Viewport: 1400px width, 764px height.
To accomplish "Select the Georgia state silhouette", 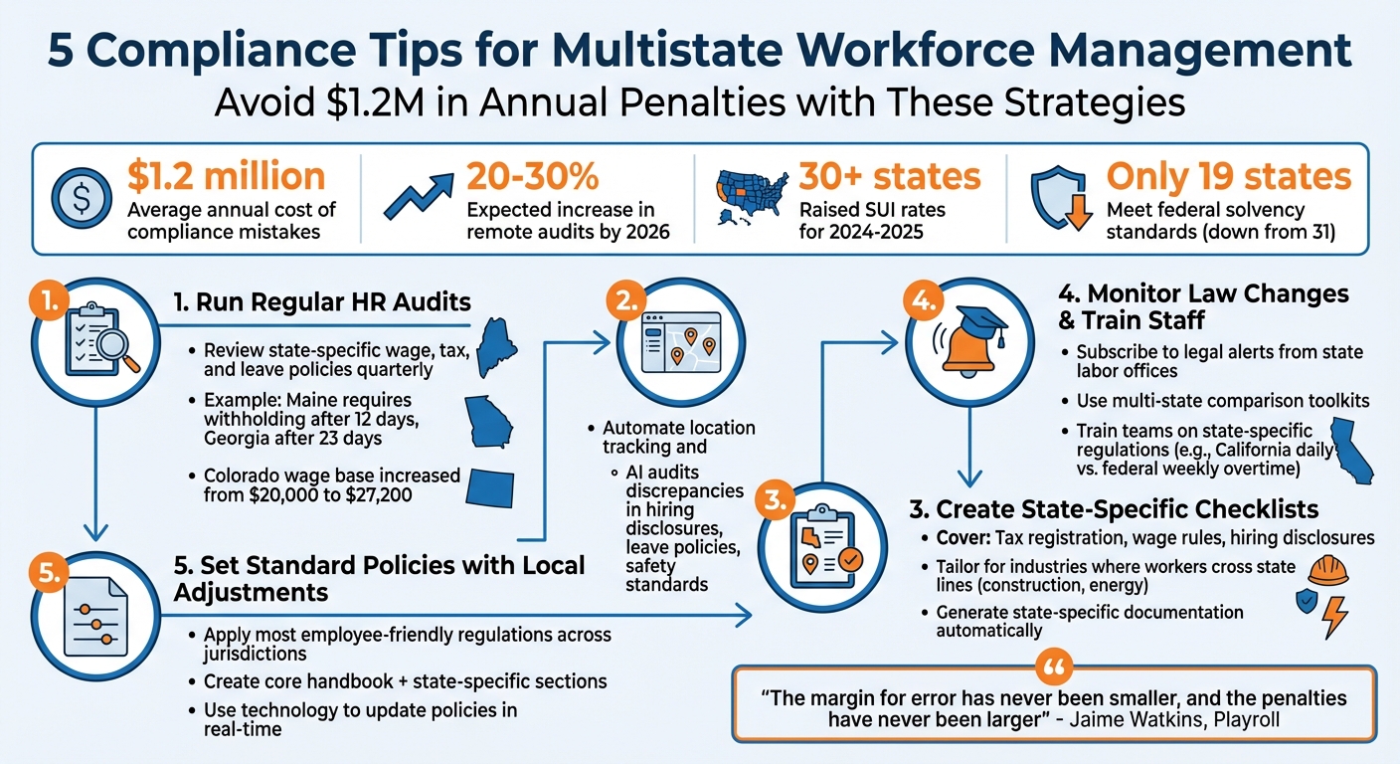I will (x=489, y=421).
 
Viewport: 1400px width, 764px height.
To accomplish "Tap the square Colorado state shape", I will (x=498, y=488).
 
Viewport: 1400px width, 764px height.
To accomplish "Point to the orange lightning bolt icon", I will (x=1332, y=617).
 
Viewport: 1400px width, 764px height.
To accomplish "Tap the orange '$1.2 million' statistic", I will (x=226, y=176).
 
